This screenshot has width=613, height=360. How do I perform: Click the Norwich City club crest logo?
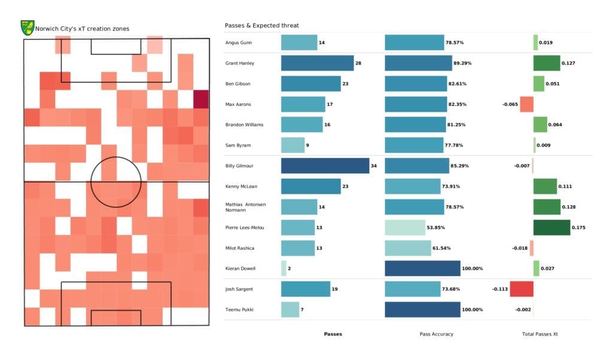[x=27, y=28]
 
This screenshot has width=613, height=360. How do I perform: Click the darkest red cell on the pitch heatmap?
[x=201, y=99]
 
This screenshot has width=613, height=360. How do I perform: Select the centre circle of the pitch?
[x=116, y=182]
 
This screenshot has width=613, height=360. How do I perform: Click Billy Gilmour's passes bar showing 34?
[x=325, y=166]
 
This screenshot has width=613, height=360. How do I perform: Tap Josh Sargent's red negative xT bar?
[x=521, y=289]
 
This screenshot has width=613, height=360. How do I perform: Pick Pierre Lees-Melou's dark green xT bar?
[x=551, y=227]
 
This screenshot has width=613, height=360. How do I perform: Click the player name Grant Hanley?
[x=241, y=63]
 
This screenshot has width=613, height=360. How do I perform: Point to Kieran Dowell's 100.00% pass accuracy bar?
[x=422, y=269]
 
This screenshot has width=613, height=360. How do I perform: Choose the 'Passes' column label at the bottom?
[x=333, y=334]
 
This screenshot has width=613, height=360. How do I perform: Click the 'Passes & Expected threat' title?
[x=262, y=26]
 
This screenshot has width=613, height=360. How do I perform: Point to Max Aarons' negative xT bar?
[x=526, y=104]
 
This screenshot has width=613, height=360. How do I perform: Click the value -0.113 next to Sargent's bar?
[x=499, y=289]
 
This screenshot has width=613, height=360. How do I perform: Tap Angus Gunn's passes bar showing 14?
[x=299, y=42]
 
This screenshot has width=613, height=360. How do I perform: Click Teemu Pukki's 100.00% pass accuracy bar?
[x=422, y=309]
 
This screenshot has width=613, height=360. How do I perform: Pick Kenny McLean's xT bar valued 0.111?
[x=545, y=186]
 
